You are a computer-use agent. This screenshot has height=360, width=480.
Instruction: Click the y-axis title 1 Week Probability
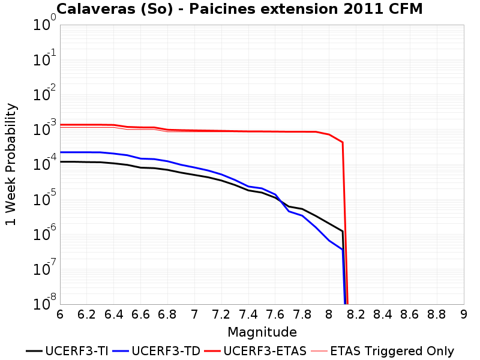(x=11, y=164)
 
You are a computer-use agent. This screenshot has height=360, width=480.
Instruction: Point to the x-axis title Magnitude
(x=262, y=332)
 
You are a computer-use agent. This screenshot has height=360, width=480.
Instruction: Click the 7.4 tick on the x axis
(x=248, y=314)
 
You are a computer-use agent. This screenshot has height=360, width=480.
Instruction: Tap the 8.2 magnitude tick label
(x=356, y=314)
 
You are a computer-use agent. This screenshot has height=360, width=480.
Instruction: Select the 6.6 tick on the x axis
(x=140, y=314)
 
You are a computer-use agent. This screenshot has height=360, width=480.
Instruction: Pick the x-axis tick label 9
(x=464, y=314)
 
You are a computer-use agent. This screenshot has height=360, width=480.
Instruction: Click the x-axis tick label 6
(x=60, y=314)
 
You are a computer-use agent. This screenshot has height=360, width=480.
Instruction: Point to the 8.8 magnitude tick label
(x=437, y=314)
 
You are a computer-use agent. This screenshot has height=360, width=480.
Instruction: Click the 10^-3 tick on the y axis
(x=44, y=128)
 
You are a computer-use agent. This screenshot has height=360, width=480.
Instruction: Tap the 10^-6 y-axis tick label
(x=44, y=233)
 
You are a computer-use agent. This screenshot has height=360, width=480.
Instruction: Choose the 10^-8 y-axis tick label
(x=44, y=302)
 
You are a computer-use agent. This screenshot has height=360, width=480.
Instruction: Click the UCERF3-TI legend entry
(x=67, y=351)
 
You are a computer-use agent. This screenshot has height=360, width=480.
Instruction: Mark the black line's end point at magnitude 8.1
(x=343, y=232)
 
